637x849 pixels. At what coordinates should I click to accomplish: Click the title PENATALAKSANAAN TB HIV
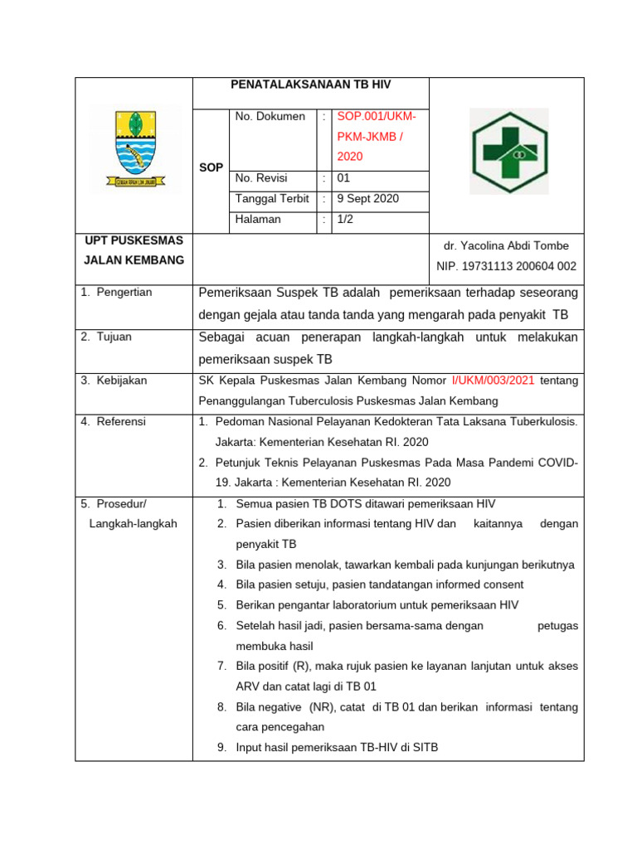(x=311, y=85)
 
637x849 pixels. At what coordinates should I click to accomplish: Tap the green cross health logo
(x=508, y=152)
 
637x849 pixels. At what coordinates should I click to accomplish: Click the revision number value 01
(x=343, y=178)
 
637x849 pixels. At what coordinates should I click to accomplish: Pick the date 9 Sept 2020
(x=367, y=199)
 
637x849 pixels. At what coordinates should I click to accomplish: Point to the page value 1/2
(x=344, y=220)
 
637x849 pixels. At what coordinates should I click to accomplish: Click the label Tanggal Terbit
(x=272, y=199)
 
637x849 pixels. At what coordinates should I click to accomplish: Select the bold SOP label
(x=212, y=167)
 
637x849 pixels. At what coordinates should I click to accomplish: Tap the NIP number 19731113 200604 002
(x=506, y=267)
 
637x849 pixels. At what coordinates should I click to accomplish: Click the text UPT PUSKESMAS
(x=134, y=240)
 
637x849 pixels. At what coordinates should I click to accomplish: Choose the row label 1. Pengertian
(x=117, y=293)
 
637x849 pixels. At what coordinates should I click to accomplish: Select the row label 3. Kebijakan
(x=114, y=381)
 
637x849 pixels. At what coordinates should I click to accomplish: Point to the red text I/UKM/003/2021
(x=494, y=381)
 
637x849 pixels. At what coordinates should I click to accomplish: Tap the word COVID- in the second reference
(x=555, y=462)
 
